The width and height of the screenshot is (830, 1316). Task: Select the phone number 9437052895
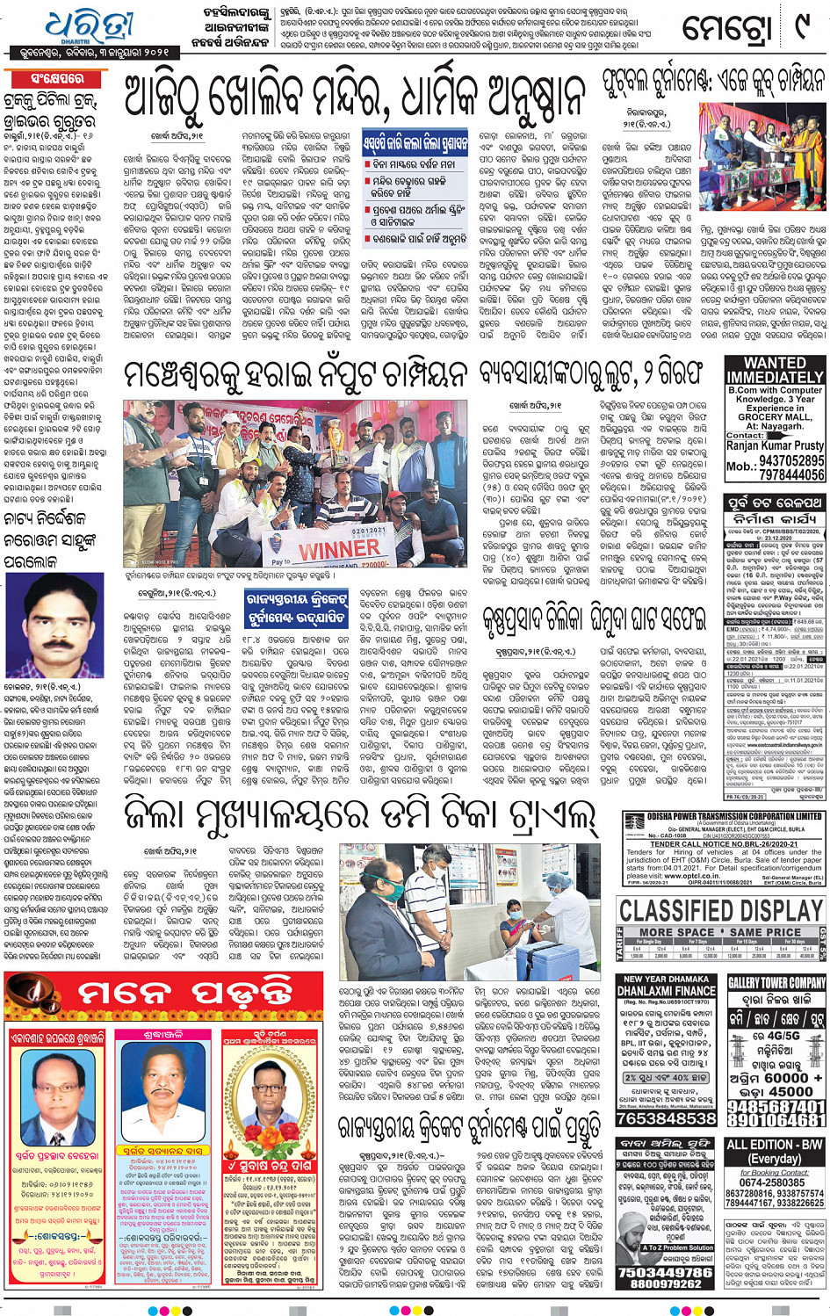point(791,460)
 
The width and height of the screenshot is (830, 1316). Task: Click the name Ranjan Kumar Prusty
point(775,445)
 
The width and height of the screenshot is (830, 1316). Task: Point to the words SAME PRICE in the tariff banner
point(765,931)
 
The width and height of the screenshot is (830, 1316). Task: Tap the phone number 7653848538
point(666,1118)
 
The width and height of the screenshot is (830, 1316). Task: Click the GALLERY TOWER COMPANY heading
point(776,982)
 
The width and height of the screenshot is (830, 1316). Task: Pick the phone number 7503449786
point(666,1271)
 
